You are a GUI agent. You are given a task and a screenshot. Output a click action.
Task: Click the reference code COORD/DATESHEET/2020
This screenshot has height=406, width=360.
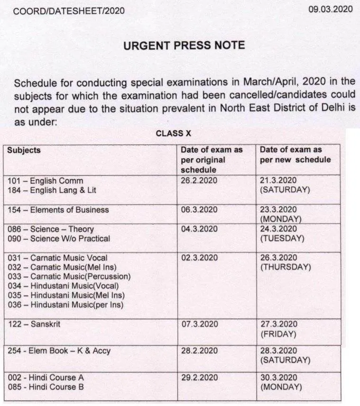coord(69,10)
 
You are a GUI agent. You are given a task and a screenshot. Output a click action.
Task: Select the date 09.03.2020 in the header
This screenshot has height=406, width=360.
coord(331,9)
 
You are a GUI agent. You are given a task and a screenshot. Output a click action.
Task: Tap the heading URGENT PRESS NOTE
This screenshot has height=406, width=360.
coord(184,45)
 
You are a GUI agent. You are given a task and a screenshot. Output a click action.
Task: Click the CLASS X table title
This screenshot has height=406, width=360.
coord(176,134)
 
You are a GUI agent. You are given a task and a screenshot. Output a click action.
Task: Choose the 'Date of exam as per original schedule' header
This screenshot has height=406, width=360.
coord(212,160)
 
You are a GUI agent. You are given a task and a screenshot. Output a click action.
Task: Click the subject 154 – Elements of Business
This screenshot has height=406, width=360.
coord(58,210)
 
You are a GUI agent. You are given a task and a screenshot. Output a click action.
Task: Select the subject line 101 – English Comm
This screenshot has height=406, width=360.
coord(45,181)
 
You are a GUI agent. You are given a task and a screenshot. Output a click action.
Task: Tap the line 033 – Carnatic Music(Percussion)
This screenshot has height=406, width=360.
coord(69,277)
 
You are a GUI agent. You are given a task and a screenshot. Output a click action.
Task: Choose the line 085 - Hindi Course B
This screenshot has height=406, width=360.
coord(46,387)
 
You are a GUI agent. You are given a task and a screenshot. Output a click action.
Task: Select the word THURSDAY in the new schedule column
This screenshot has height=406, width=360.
coord(285,267)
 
